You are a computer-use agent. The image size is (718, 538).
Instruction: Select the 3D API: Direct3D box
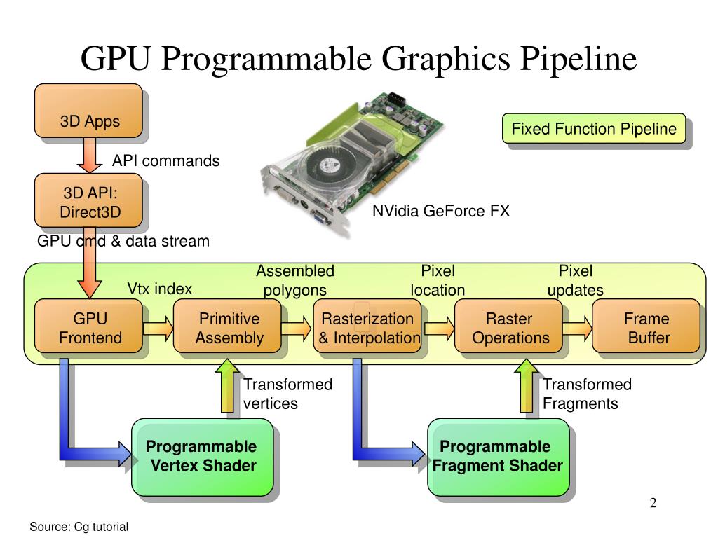89,202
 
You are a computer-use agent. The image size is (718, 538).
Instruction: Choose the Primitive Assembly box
228,329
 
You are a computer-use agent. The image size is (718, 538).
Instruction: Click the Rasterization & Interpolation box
367,329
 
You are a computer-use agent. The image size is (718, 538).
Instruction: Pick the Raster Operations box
509,329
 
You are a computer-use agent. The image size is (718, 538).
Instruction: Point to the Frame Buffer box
646,329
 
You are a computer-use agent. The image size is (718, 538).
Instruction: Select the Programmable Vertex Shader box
202,456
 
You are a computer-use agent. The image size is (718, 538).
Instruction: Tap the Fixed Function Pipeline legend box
593,129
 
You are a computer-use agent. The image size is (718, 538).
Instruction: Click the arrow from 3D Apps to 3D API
90,155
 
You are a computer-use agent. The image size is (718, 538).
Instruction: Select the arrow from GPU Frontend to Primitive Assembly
158,327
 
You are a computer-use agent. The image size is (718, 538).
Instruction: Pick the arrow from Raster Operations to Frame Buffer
577,327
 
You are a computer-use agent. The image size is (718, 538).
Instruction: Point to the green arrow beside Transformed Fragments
527,387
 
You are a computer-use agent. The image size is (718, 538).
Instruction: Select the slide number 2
653,503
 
